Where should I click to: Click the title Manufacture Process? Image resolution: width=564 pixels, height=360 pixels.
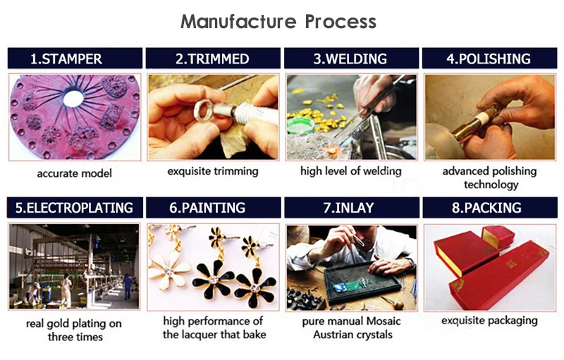[278, 21]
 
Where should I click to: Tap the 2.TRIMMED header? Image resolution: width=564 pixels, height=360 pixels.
[212, 58]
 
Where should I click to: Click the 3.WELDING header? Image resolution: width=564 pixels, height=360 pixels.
[350, 58]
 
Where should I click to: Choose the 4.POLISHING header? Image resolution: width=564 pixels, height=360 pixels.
[489, 58]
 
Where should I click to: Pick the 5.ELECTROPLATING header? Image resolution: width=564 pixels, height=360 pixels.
[74, 208]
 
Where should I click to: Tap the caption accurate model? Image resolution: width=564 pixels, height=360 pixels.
[74, 173]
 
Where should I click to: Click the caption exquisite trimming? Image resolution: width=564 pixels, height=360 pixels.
[213, 171]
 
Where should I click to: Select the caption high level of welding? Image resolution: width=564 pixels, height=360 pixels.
[350, 171]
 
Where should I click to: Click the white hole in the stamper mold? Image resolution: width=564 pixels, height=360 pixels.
[73, 98]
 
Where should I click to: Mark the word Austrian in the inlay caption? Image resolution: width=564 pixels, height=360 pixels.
[334, 335]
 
